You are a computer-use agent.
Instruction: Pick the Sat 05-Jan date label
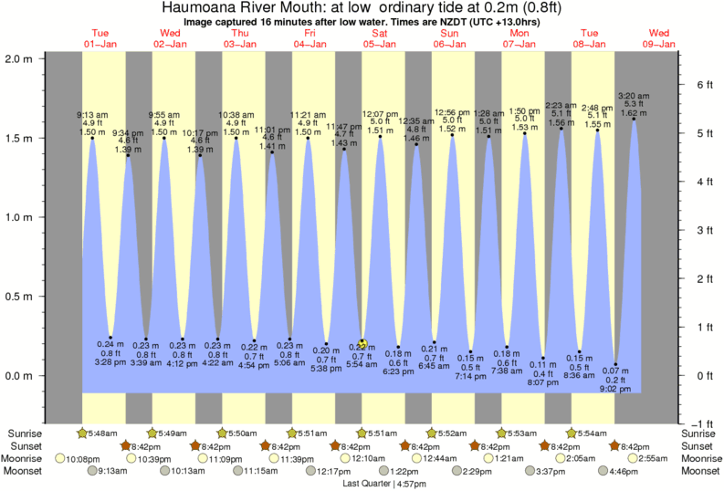pos(381,37)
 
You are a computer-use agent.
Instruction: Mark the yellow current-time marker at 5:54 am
pos(362,343)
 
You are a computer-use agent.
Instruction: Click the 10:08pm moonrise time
pos(81,459)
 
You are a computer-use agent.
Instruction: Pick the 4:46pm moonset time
pos(624,472)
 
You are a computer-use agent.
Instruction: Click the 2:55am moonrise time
pos(656,459)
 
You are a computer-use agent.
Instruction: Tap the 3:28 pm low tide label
pos(110,362)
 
